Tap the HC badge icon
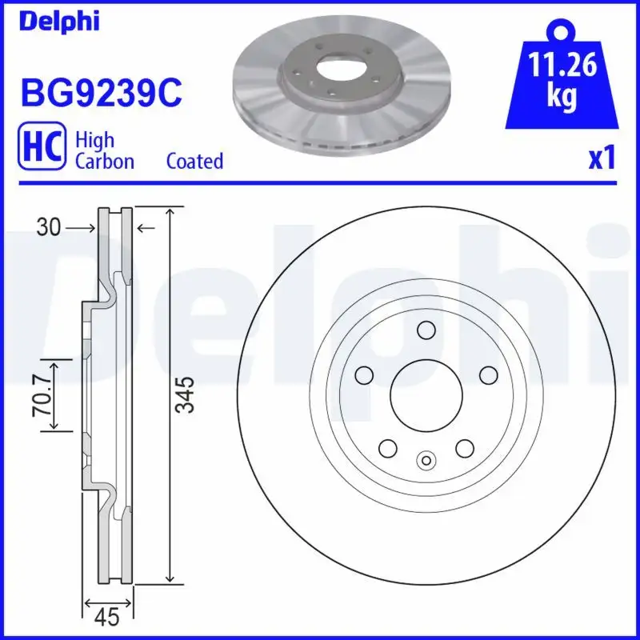pos(41,150)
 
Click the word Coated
pos(194,161)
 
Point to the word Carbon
pos(104,161)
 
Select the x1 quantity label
pos(602,159)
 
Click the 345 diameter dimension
pos(185,395)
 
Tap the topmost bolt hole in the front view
pos(426,330)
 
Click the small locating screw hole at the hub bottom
pos(426,459)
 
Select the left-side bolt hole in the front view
pos(363,374)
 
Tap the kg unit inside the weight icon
pos(563,97)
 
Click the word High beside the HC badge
pos(94,140)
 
